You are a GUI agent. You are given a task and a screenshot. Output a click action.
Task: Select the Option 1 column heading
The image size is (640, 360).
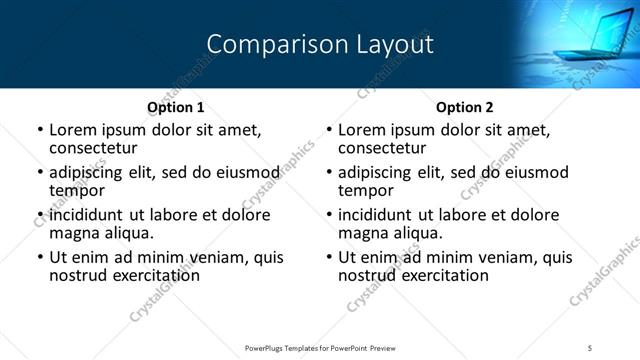pos(176,107)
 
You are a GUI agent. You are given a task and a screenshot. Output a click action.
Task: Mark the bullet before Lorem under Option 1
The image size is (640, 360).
pos(40,130)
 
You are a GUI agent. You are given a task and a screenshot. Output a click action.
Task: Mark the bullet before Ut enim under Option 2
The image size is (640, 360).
pos(329,257)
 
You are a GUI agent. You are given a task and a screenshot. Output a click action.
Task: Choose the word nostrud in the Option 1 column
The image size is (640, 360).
pos(76,274)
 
